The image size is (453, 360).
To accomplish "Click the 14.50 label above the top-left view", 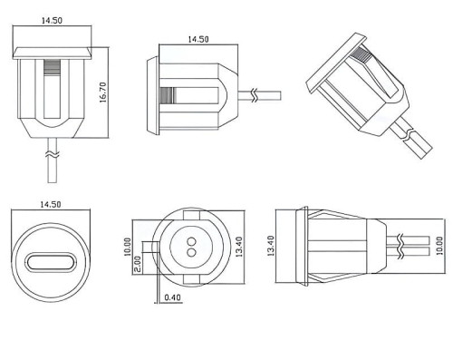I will tap(53, 20).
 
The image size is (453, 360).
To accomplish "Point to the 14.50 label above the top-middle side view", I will tap(197, 40).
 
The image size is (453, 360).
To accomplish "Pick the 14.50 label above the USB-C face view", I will tap(53, 205).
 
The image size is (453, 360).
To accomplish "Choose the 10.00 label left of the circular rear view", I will tap(128, 248).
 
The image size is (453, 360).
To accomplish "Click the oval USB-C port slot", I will tap(53, 262).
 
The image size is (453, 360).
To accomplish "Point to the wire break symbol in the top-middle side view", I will tap(255, 94).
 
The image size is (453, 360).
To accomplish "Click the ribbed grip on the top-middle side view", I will tap(166, 94).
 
